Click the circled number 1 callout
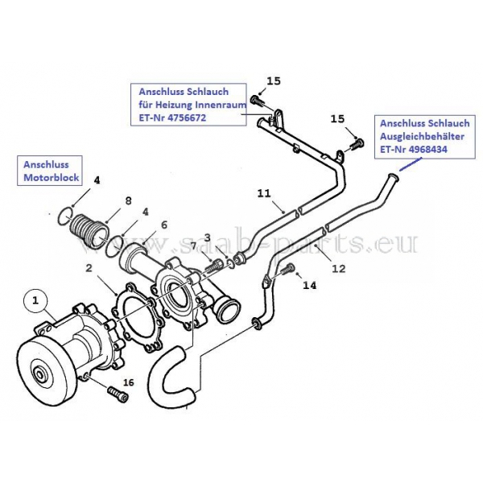click(x=35, y=300)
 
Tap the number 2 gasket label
click(x=89, y=268)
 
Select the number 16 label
click(x=129, y=382)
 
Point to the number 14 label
click(x=310, y=286)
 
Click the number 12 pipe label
click(x=339, y=269)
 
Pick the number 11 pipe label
click(x=264, y=193)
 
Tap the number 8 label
click(x=129, y=200)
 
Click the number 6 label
click(x=164, y=225)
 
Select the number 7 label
click(x=193, y=246)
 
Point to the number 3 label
click(x=208, y=237)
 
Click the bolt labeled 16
click(x=118, y=394)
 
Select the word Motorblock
click(x=52, y=177)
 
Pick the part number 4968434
click(x=428, y=149)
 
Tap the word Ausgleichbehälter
click(x=422, y=136)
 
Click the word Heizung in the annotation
click(x=175, y=105)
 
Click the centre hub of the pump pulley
click(x=39, y=375)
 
